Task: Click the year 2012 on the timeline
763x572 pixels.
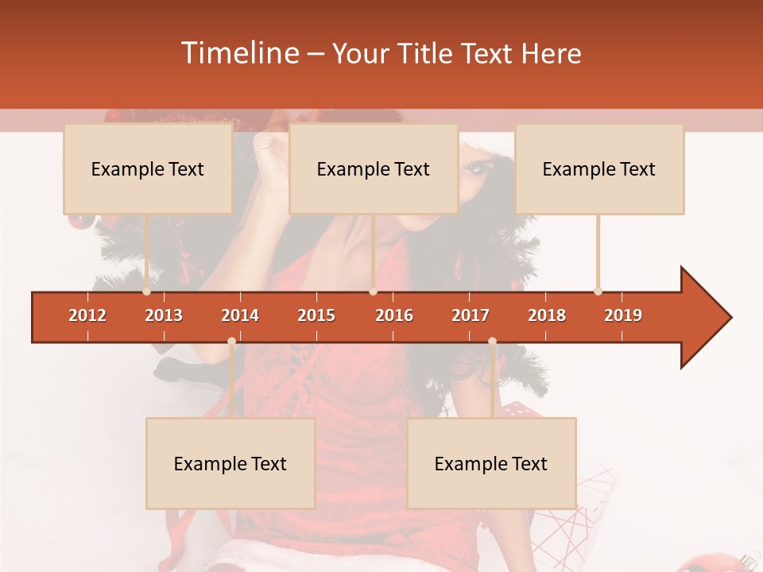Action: [87, 315]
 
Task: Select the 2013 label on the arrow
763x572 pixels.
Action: [164, 315]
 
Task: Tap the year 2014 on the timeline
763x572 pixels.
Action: [240, 315]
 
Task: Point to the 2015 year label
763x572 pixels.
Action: [316, 315]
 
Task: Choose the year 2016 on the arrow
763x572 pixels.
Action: [394, 315]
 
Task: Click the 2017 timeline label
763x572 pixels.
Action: [471, 315]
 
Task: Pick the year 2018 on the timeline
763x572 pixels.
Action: [547, 315]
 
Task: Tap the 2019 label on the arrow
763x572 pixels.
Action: [623, 315]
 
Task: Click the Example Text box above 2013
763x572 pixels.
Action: [148, 168]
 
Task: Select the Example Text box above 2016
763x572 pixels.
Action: [374, 168]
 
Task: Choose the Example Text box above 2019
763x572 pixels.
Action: [599, 168]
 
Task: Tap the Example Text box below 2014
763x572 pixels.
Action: [230, 463]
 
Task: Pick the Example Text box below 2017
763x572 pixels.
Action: [491, 463]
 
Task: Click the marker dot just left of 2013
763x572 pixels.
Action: [146, 291]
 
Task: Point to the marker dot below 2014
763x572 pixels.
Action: [231, 342]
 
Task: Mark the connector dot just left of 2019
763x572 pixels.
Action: [598, 291]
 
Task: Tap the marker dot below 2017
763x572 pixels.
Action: [492, 342]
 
